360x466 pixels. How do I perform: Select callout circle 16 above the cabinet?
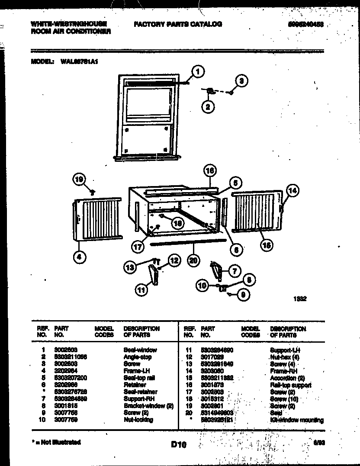[210, 171]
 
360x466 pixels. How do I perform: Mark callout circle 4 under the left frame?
[79, 258]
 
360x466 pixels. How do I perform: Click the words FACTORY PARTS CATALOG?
[178, 24]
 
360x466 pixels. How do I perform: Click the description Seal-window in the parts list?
[140, 350]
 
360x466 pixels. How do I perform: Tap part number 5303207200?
[71, 378]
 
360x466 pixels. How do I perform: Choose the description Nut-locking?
[138, 420]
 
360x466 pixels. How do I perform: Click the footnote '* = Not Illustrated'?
[56, 442]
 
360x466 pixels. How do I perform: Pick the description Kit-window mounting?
[296, 420]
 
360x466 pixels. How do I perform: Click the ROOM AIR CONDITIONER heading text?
[71, 32]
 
